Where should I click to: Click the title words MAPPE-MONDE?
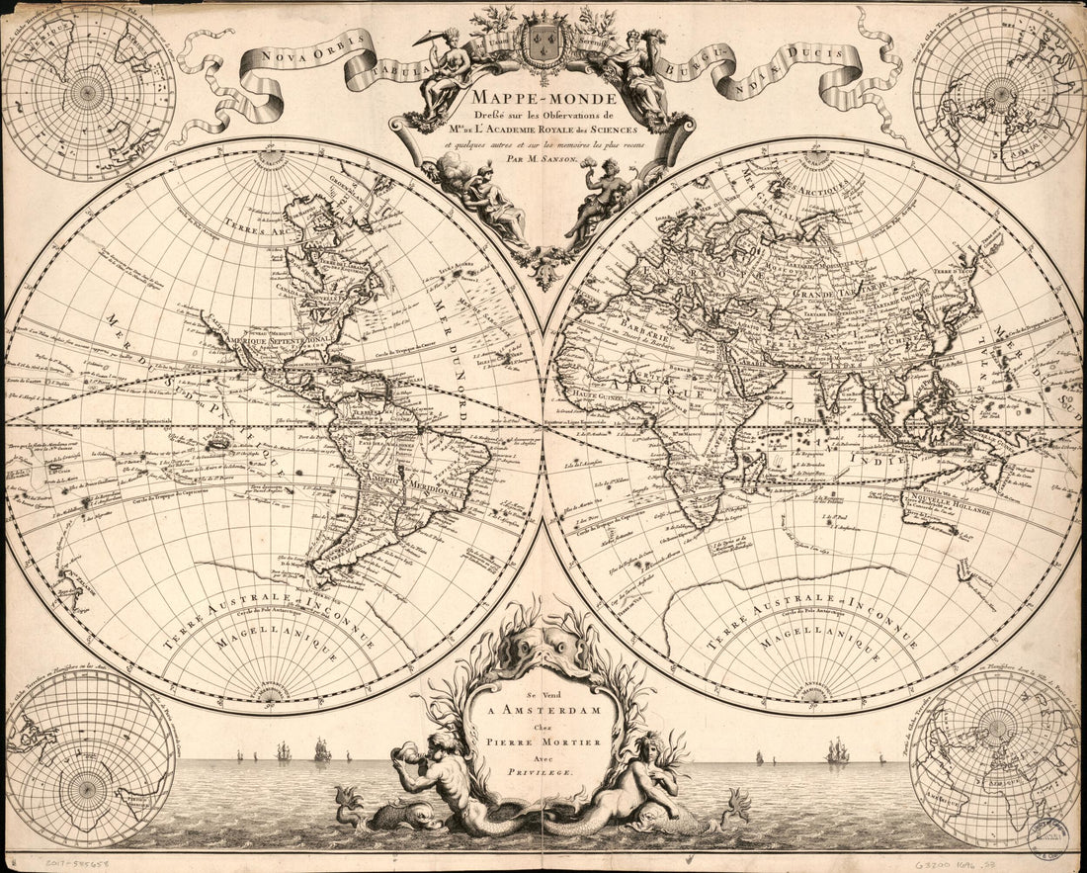tap(543, 98)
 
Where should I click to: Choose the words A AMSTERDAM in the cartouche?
tap(532, 709)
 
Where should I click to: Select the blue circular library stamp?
tap(1050, 837)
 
